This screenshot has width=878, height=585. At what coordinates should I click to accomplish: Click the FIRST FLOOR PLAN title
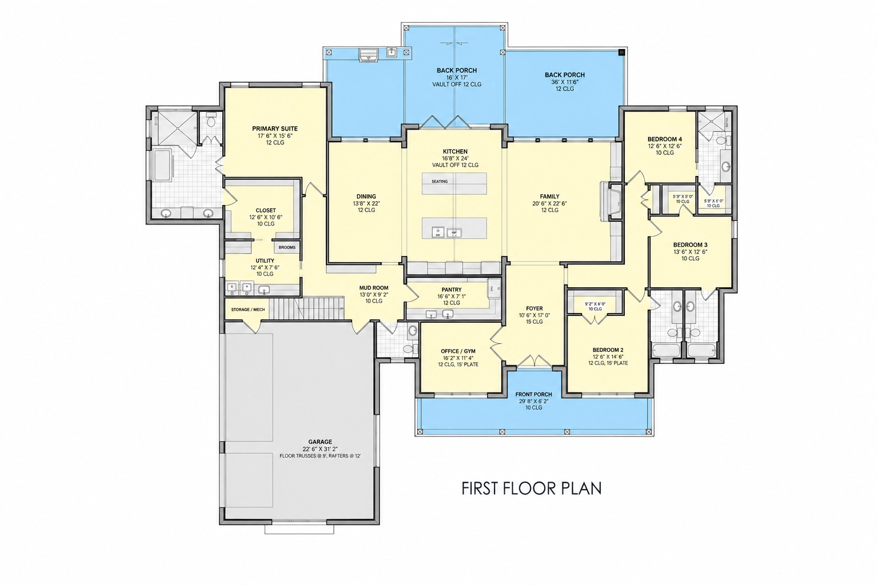coord(531,488)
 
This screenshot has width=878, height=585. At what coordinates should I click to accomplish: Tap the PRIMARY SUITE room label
coord(275,129)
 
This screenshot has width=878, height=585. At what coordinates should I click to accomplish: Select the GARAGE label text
coord(320,442)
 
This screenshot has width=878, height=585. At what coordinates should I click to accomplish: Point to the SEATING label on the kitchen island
coord(440,182)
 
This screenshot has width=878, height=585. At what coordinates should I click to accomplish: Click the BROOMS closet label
coord(287,247)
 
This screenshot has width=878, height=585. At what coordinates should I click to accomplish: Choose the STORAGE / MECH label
coord(248,310)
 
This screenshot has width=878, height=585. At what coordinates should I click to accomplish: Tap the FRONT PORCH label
coord(533,394)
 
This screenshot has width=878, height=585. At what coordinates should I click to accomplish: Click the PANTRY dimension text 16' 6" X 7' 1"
coord(452,296)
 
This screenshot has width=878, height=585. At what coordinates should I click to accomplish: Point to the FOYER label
coord(534,308)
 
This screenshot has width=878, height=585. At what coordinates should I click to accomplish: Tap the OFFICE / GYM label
coord(458,351)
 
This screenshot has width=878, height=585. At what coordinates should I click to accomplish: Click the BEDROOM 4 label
coord(665,139)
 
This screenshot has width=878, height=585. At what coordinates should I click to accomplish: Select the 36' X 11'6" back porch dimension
coord(565,82)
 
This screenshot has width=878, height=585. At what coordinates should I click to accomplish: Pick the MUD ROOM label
coord(374,287)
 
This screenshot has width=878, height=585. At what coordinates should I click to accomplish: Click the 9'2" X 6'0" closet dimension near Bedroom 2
coord(595,304)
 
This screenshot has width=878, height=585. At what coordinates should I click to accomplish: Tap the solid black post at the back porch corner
coord(622,52)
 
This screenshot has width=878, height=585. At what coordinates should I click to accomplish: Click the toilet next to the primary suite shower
coord(211,120)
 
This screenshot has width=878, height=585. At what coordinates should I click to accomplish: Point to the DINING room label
coord(366,197)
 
